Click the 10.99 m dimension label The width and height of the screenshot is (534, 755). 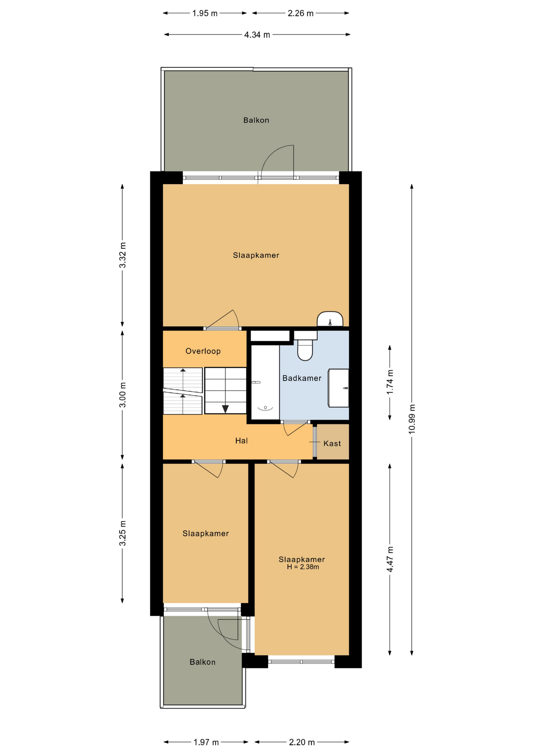[x=412, y=419]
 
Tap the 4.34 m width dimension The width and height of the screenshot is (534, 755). [x=257, y=35]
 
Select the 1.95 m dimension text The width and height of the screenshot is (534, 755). [x=205, y=13]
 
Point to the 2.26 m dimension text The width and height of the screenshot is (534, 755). [x=301, y=13]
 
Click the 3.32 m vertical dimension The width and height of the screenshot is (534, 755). [x=122, y=255]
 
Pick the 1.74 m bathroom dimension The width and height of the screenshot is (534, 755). [x=390, y=382]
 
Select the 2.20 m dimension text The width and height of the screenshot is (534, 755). [x=302, y=742]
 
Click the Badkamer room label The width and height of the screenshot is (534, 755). [x=302, y=378]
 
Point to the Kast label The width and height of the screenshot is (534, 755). [x=332, y=444]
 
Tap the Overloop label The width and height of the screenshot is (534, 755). [x=203, y=351]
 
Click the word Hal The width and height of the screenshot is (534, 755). [x=241, y=441]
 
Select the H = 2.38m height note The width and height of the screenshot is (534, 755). [x=303, y=567]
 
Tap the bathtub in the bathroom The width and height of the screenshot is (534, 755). [x=265, y=383]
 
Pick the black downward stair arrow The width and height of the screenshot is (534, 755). [x=225, y=409]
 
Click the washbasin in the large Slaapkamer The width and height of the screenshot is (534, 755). [x=330, y=319]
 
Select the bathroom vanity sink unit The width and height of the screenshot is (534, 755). [x=339, y=388]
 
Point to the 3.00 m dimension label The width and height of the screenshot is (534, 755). [x=122, y=394]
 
